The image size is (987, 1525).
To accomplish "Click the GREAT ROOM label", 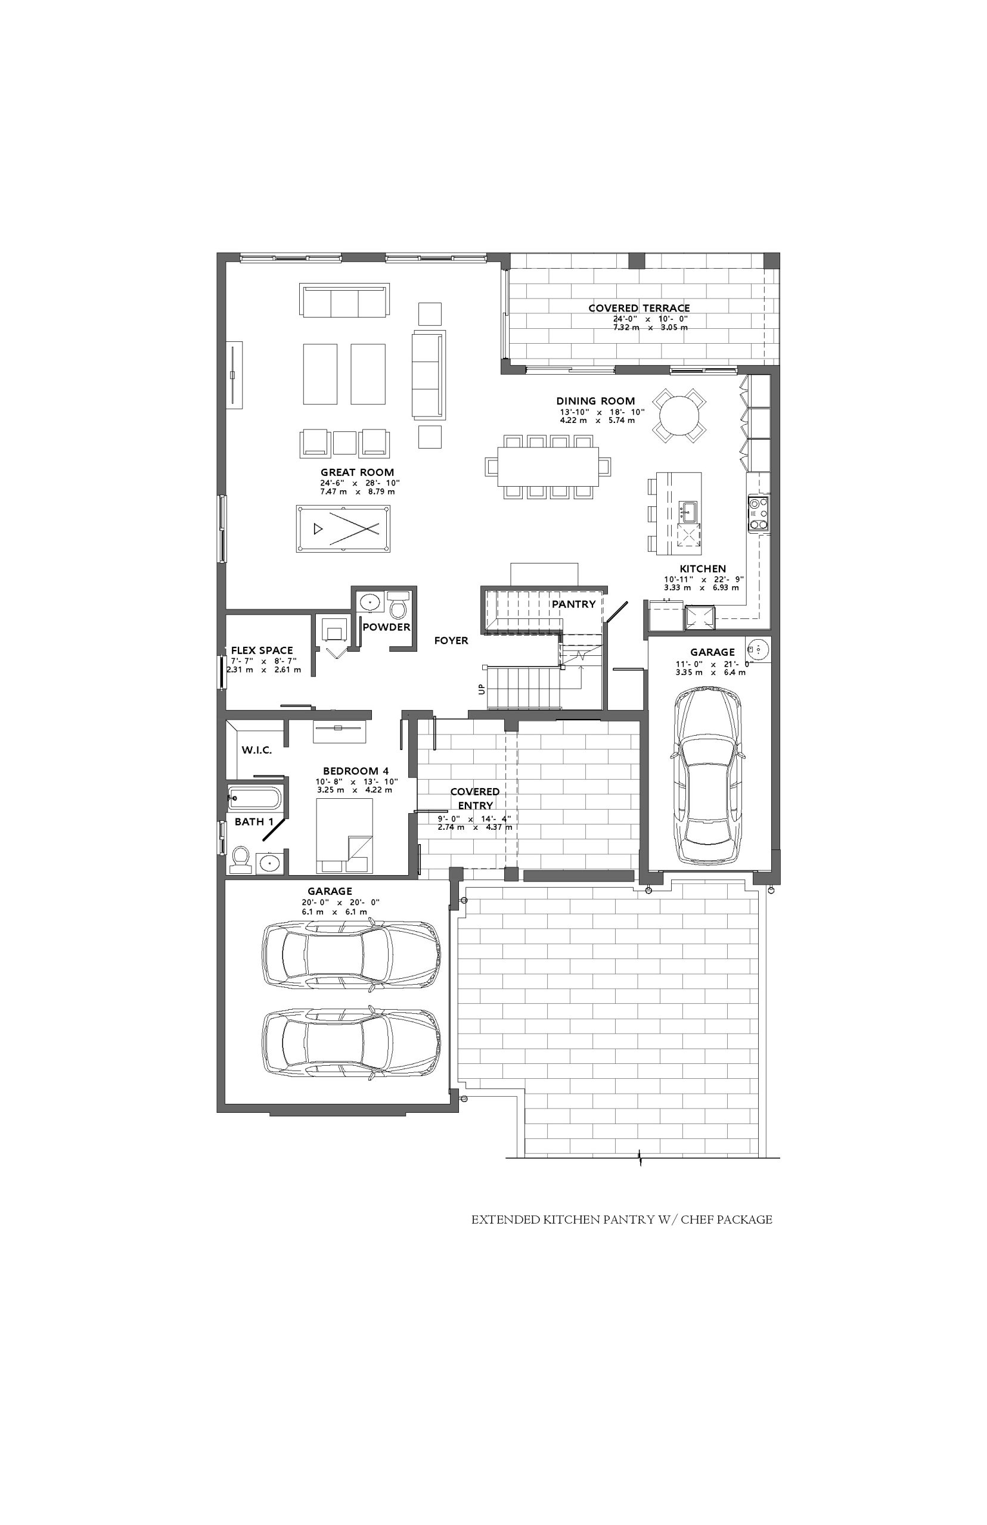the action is pos(357,472).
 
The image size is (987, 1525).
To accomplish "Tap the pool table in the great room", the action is pos(343,528).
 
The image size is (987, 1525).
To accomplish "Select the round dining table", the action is pos(679,415).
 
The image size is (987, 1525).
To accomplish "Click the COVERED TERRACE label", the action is pos(639,308).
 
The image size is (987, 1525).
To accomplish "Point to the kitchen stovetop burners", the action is pos(758,513).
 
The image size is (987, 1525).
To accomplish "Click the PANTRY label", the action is pos(573,604).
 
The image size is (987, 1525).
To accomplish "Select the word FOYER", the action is pos(451,640).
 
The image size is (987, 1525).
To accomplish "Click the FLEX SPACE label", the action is pos(262,650).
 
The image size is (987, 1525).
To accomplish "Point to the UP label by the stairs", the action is pos(482,689).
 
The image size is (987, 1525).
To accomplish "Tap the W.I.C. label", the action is pos(257,750).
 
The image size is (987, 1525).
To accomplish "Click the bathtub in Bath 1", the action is pos(254,799).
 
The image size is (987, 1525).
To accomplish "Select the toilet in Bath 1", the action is pos(241,859).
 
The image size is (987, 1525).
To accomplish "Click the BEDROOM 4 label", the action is pos(356,771).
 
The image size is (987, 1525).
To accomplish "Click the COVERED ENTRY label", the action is pos(475,799).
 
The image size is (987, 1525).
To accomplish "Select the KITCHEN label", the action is pos(703,569).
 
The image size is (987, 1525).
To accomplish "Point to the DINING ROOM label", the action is pos(595,401).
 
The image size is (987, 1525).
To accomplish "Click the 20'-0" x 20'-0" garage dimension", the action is pos(341,902).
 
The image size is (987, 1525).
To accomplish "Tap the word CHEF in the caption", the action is pos(697,1219).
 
